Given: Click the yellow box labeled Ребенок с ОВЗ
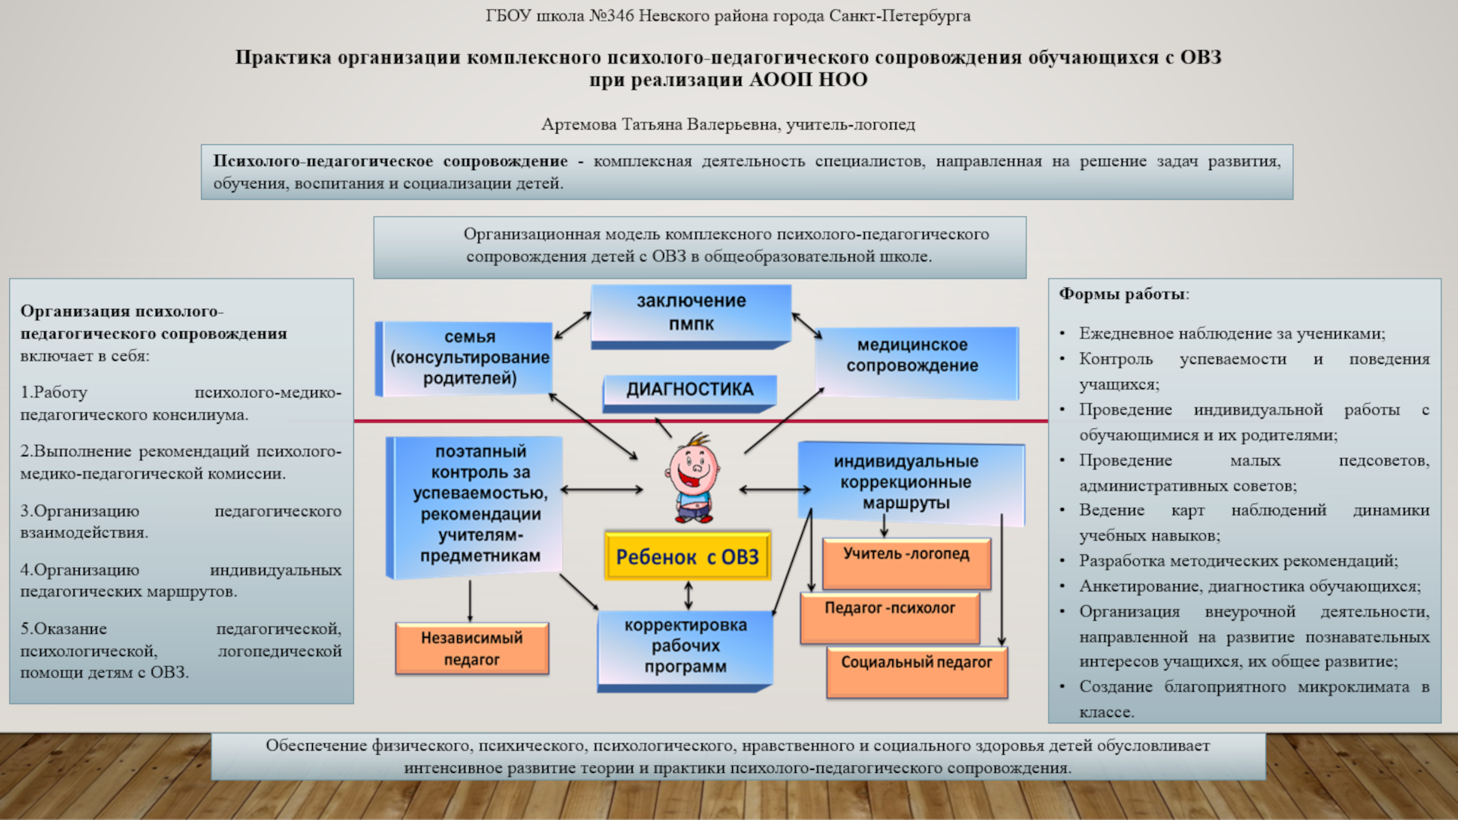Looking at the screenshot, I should (687, 557).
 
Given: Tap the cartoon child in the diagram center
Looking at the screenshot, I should (693, 479).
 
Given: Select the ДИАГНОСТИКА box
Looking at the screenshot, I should (690, 389).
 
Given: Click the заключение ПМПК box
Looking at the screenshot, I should (691, 312).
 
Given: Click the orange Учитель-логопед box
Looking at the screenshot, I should (906, 563).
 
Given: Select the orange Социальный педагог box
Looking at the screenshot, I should (917, 671).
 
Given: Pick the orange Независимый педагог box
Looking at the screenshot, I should (472, 648).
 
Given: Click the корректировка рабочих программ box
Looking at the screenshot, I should (685, 646).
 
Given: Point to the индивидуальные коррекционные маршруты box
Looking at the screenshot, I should (906, 482).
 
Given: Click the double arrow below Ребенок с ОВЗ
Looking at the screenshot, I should (688, 595).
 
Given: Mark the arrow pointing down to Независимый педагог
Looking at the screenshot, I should (470, 601).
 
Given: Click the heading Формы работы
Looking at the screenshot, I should (1123, 294).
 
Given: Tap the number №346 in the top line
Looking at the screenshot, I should (611, 16).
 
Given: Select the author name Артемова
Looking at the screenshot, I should (579, 125).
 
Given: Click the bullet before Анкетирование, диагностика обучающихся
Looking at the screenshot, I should (1063, 587).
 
